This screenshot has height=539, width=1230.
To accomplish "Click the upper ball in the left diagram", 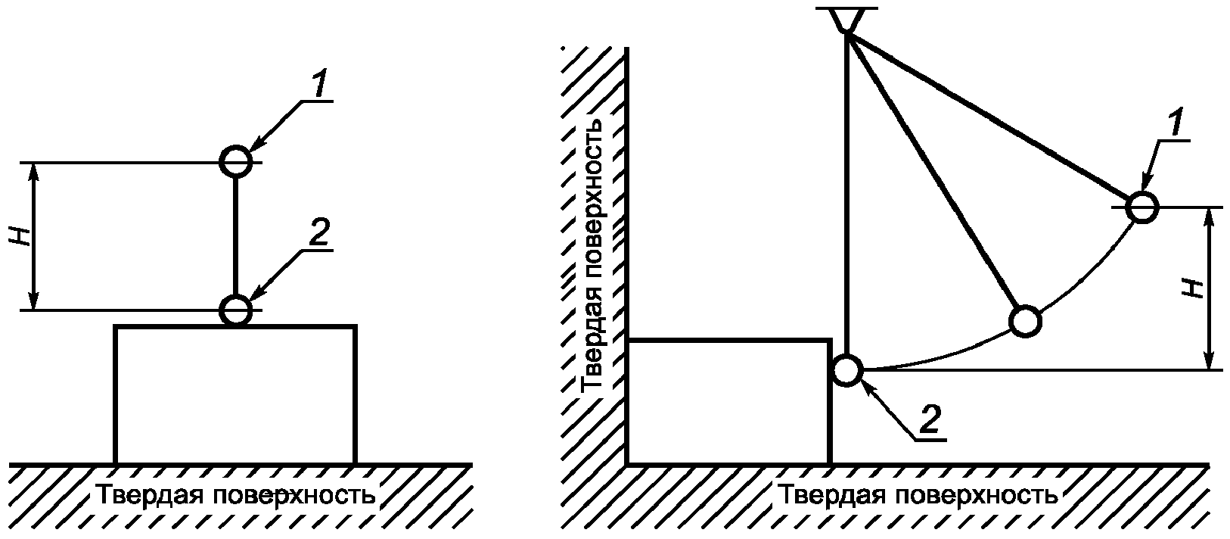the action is [235, 160].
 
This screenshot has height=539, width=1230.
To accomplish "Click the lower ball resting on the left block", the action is [235, 309].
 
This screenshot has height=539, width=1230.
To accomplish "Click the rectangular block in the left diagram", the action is [235, 394].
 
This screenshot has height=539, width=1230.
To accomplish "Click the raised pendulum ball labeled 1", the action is [1141, 206].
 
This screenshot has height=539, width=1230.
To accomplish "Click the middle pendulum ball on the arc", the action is [1025, 321].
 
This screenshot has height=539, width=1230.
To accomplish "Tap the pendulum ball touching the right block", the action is [847, 370].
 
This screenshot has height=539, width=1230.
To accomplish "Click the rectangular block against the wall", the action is [728, 401].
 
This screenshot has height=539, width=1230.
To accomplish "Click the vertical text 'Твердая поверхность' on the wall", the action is [594, 254].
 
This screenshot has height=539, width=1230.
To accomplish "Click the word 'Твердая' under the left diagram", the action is [148, 496].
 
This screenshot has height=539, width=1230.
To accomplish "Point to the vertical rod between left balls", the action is [235, 235].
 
